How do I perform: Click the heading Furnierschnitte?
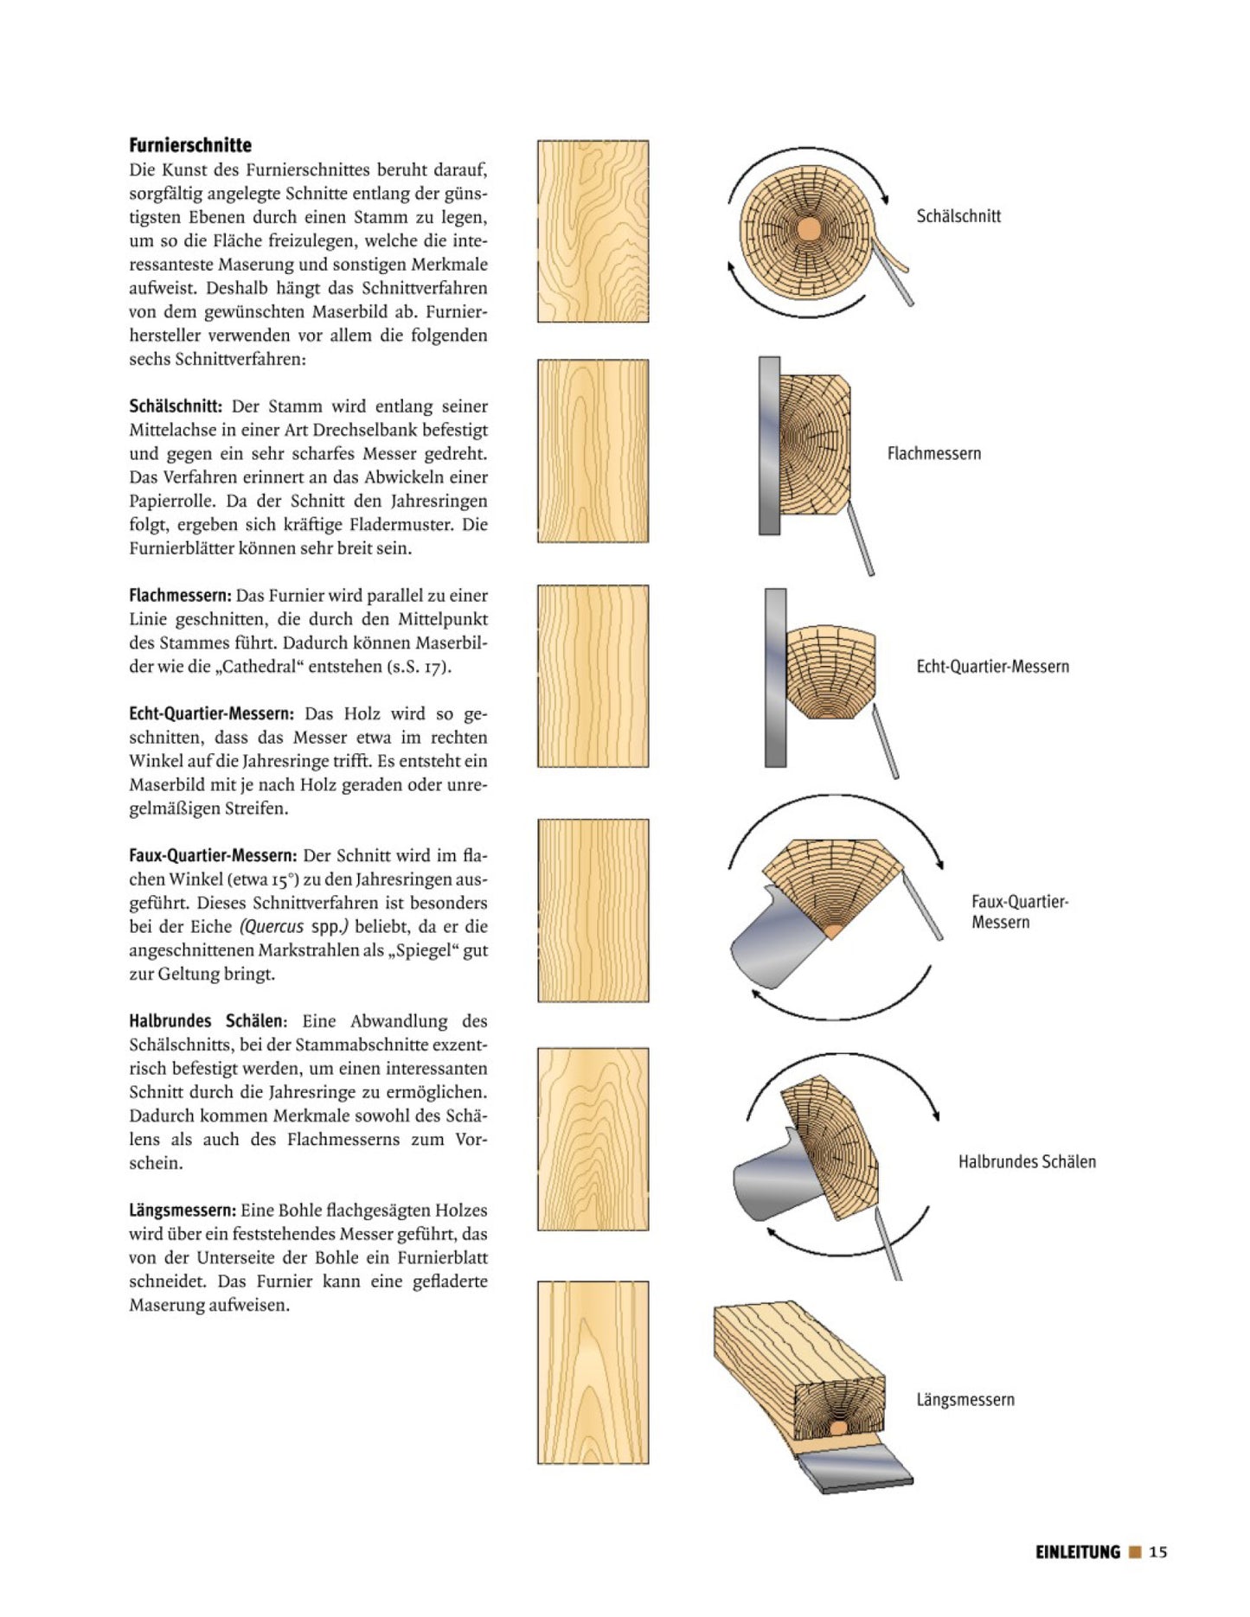pos(190,145)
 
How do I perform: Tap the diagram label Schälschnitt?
pos(958,216)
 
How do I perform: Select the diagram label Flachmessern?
pos(934,453)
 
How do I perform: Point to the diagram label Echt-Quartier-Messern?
pos(992,667)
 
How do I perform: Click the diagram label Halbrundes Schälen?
pos(1027,1162)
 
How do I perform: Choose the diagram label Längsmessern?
pos(965,1399)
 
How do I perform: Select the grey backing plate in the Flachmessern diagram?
pos(769,445)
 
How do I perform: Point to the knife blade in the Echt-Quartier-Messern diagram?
pos(885,741)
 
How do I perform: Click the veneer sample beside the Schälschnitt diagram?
pos(593,232)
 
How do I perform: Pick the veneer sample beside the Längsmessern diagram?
pos(593,1372)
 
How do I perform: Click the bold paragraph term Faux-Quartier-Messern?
pos(213,856)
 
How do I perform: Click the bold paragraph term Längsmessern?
pos(182,1211)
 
